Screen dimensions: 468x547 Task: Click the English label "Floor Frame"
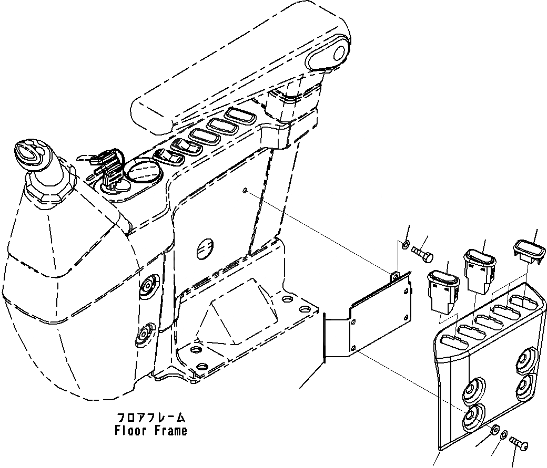click(150, 431)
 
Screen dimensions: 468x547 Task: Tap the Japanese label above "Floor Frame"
click(150, 418)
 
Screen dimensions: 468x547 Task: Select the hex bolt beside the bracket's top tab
click(422, 254)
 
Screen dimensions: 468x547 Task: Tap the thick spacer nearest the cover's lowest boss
click(494, 430)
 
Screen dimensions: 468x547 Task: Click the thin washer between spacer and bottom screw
click(504, 435)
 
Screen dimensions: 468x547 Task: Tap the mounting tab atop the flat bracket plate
click(394, 275)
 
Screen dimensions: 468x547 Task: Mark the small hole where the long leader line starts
click(246, 190)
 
